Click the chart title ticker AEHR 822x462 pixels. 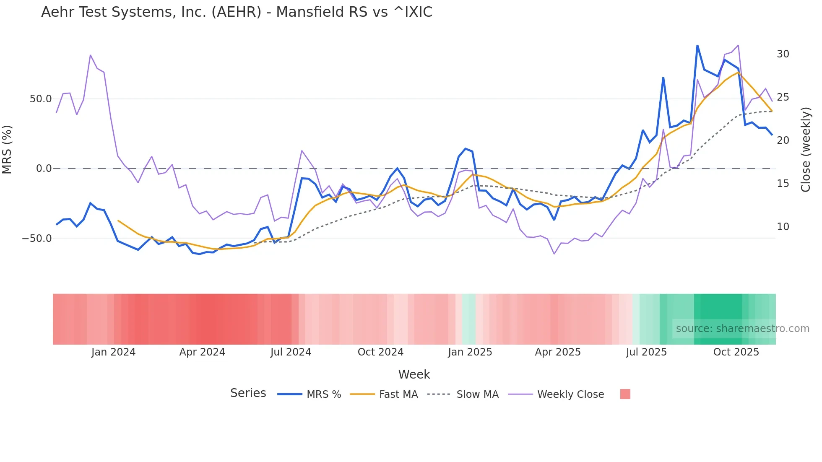click(x=237, y=12)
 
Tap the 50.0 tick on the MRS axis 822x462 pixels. click(x=41, y=99)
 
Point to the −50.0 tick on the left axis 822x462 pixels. click(x=37, y=239)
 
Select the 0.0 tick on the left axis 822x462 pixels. click(x=44, y=169)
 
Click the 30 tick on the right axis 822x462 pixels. click(x=783, y=54)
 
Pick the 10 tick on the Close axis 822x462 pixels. click(x=783, y=227)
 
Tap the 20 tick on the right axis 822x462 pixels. click(x=783, y=140)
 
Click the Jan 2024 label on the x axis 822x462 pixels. click(x=113, y=352)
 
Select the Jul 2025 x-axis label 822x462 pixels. click(x=646, y=352)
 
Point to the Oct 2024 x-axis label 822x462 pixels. click(x=380, y=352)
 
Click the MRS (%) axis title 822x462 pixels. click(x=7, y=150)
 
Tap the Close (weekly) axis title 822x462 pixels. click(x=806, y=150)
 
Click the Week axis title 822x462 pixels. click(x=414, y=374)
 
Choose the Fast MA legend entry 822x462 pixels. click(x=398, y=395)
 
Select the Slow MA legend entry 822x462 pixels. click(x=477, y=395)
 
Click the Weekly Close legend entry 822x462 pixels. click(x=570, y=395)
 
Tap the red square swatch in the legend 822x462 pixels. click(x=625, y=394)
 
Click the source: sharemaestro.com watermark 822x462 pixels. click(x=742, y=329)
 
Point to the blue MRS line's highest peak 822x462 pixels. click(x=697, y=46)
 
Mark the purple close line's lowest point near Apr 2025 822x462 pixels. click(x=554, y=254)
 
